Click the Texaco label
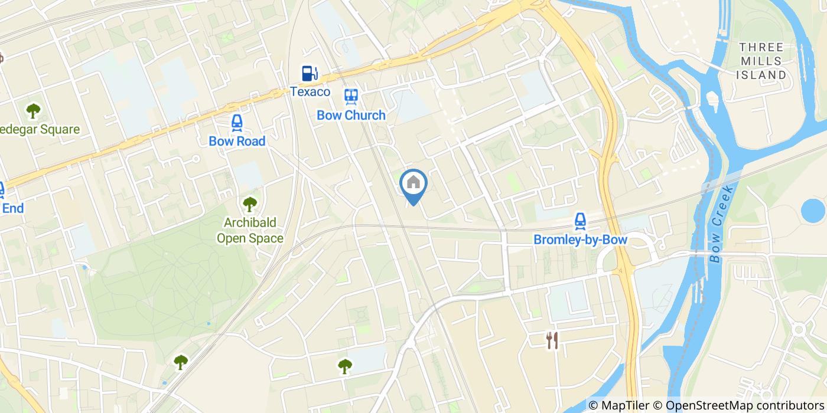coord(310,92)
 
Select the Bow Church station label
coord(351,115)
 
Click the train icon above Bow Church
coord(351,96)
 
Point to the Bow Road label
coord(237,141)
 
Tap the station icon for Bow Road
coord(237,122)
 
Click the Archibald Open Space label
coord(250,231)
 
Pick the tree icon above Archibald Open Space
coord(250,204)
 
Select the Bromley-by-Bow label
coord(580,240)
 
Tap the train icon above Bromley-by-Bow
coord(580,221)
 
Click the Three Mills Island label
coord(761,61)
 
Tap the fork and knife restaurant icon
coord(552,340)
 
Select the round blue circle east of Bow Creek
coord(813,210)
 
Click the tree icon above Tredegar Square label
coord(34,110)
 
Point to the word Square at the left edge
coord(57,129)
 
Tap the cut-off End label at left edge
coord(13,208)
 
